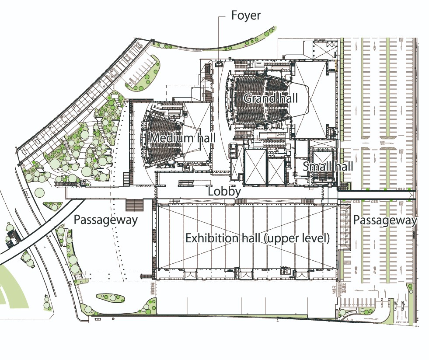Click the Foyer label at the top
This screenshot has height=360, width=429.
click(245, 16)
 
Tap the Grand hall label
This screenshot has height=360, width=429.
click(267, 98)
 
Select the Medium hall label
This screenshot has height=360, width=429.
click(182, 139)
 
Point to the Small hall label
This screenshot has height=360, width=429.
click(328, 167)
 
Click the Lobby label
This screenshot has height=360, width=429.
click(224, 191)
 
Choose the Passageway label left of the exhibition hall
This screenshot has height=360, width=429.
click(105, 220)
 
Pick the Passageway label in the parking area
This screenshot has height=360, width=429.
click(385, 220)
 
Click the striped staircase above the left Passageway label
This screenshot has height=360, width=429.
click(135, 205)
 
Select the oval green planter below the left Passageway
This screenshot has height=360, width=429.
click(110, 298)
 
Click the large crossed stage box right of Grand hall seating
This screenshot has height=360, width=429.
click(311, 98)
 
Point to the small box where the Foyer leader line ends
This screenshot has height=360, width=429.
click(219, 64)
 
